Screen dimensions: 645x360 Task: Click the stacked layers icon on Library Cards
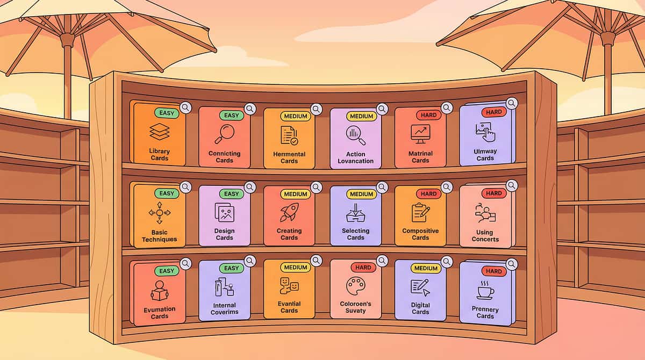(160, 132)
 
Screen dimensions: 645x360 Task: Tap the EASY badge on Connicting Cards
(232, 116)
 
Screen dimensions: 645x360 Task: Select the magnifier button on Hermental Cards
(316, 110)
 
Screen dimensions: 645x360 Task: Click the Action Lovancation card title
(356, 157)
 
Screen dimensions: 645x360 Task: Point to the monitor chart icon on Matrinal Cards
(420, 134)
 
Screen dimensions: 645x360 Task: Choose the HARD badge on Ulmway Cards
(494, 112)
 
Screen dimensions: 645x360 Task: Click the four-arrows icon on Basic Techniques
(160, 213)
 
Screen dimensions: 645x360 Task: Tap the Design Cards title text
(224, 234)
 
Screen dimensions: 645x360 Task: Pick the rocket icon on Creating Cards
(289, 212)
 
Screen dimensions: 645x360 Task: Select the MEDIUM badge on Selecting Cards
(361, 194)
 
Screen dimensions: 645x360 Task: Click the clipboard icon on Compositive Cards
(420, 212)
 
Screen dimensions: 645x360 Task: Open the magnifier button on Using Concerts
(512, 185)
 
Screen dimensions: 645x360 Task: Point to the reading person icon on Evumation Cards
(160, 291)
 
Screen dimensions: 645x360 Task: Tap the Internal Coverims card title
(224, 308)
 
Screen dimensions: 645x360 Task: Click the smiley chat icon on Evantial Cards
(289, 285)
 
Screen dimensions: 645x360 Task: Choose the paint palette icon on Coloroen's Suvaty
(355, 286)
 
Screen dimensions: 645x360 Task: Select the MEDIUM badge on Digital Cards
(426, 268)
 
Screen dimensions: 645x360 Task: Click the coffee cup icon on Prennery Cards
(485, 291)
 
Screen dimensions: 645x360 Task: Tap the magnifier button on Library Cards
(186, 107)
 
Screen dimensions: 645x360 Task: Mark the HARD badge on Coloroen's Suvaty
(363, 268)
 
